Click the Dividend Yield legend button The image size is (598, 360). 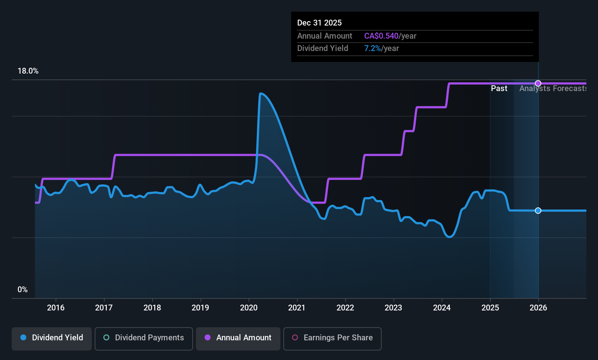pos(52,338)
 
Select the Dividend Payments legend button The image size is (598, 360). pos(143,338)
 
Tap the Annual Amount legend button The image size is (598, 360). pos(238,338)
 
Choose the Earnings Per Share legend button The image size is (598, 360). pos(332,338)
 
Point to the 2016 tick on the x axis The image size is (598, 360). pos(56,308)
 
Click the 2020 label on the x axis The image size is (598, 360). pos(249,308)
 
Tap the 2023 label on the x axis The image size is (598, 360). pos(393,308)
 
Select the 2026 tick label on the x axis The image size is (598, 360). pos(538,308)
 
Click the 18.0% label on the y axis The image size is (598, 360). pos(28,71)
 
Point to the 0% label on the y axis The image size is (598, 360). pos(23,290)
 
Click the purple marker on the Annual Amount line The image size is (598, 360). pos(538,83)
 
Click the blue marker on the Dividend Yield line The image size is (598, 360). pos(538,211)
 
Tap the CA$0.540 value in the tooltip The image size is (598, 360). pos(381,36)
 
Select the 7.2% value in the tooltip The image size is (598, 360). pos(372,48)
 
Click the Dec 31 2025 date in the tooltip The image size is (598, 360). pos(319,23)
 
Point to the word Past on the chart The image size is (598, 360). pos(499,89)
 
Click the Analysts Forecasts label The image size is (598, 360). pos(552,89)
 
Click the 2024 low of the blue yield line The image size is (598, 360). pos(449,237)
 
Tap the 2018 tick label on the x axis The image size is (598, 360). pos(152,308)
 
